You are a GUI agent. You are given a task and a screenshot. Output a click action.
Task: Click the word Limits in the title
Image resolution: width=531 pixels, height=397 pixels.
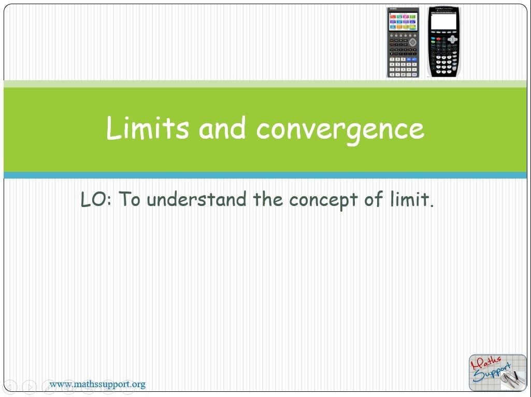point(148,128)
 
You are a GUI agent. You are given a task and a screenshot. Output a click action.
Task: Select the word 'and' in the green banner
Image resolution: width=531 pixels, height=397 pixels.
point(222,128)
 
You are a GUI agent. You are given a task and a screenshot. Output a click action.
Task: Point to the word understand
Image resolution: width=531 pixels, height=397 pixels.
point(196,199)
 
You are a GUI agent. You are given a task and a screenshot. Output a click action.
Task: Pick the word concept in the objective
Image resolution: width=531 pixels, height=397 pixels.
point(323,200)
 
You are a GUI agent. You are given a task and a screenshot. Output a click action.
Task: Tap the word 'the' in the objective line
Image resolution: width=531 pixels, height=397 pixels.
point(267,199)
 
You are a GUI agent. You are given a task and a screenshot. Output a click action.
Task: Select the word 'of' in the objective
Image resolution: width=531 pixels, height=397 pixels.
point(374,199)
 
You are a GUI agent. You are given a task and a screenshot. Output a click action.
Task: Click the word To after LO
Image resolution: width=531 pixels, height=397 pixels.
point(129,199)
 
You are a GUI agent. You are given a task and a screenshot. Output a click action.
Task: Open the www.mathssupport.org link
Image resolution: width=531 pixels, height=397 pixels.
point(97,385)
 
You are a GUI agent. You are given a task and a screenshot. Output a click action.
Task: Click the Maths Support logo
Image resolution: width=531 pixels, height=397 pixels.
point(497,372)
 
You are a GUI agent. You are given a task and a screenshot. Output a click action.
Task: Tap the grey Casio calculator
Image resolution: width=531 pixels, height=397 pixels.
point(403,42)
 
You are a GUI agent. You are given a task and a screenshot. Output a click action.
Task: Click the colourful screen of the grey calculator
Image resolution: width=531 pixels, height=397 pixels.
point(403,22)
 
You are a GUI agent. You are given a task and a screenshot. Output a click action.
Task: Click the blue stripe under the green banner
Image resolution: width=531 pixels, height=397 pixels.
point(265,175)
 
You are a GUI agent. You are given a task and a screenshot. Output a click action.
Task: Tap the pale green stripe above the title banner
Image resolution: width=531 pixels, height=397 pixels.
point(265,84)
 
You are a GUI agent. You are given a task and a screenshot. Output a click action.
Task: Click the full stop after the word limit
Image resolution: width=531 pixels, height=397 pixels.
point(432,205)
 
